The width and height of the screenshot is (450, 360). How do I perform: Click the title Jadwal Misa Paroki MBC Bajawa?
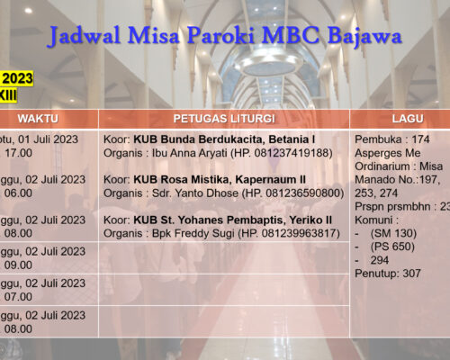click(x=225, y=37)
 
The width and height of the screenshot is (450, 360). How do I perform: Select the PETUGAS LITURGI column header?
click(x=223, y=119)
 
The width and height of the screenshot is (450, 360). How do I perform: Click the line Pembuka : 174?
click(x=392, y=139)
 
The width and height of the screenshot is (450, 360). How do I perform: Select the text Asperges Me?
click(x=388, y=153)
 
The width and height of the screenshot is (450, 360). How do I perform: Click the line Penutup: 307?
click(x=388, y=273)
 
